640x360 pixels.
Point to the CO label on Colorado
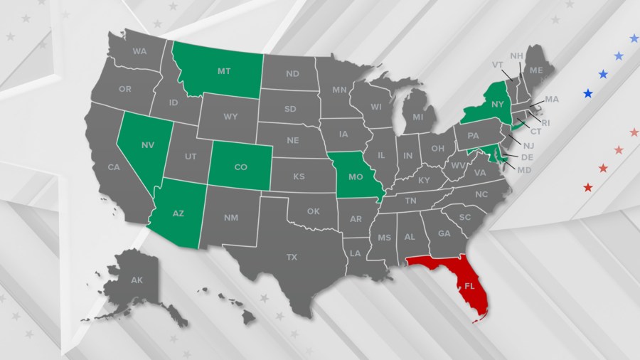point(241,169)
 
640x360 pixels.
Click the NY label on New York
point(497,105)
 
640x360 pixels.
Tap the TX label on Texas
point(292,257)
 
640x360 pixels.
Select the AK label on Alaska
point(137,281)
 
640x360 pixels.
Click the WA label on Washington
point(139,51)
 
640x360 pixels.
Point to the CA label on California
point(113,168)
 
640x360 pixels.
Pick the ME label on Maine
point(536,70)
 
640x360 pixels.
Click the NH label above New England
point(517,55)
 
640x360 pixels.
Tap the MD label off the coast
point(524,170)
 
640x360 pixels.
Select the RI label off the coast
point(546,122)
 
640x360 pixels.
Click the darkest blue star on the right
point(588,93)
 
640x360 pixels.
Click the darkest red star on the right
point(588,187)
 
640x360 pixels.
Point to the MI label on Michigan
point(418,117)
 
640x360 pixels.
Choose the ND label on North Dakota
point(292,73)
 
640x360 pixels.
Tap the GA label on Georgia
point(444,233)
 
